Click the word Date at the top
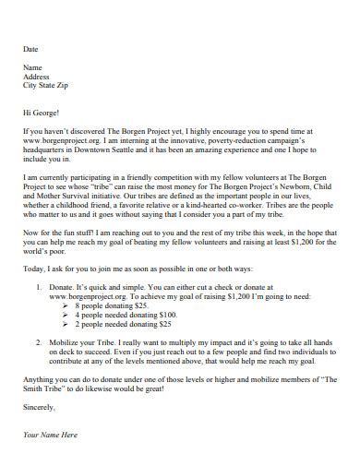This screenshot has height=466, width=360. pyautogui.click(x=30, y=48)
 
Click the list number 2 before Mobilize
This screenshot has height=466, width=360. pyautogui.click(x=39, y=344)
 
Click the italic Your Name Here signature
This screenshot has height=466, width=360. pyautogui.click(x=51, y=434)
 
